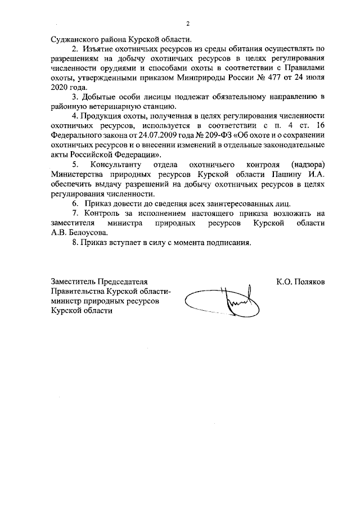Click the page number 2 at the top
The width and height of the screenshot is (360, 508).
(x=188, y=23)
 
